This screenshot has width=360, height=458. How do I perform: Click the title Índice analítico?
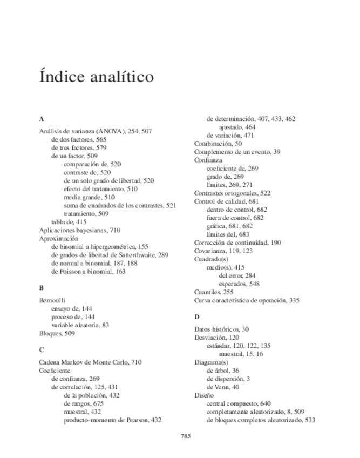click(x=97, y=76)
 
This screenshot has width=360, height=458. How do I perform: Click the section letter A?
click(x=42, y=119)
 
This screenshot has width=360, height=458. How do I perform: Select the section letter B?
click(x=42, y=288)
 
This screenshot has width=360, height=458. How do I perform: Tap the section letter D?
click(x=196, y=316)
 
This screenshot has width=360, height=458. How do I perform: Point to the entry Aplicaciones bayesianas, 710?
click(x=80, y=230)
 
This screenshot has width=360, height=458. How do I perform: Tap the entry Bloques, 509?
click(x=57, y=334)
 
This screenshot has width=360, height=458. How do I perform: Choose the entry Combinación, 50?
click(x=218, y=144)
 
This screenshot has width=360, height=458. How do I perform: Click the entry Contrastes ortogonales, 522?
click(x=232, y=193)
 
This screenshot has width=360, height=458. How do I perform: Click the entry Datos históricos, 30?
click(x=221, y=329)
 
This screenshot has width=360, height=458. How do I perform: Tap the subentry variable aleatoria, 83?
click(x=80, y=325)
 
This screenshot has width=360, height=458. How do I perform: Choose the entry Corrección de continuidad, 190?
click(x=237, y=243)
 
